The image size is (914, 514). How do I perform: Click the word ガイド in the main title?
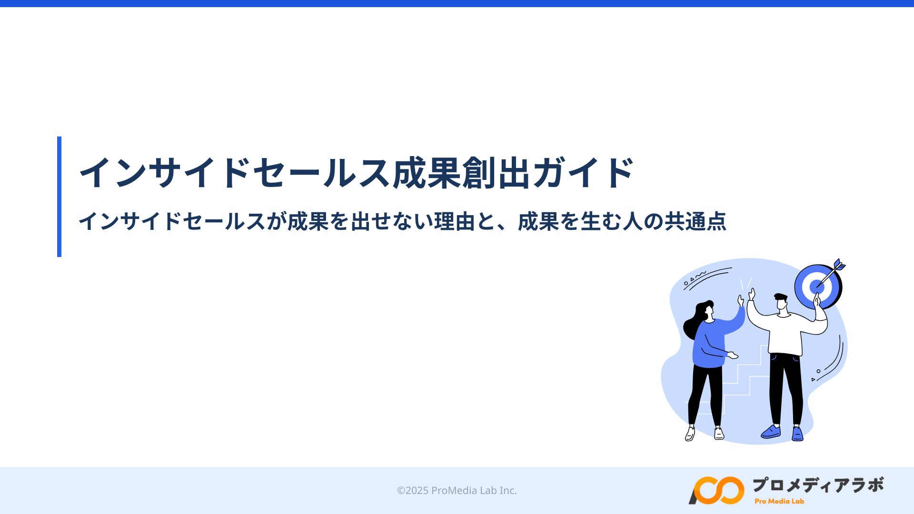click(x=584, y=172)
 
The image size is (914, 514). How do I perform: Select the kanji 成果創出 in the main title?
click(x=461, y=172)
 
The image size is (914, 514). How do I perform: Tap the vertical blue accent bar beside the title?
click(x=59, y=197)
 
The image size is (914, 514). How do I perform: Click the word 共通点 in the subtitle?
click(x=695, y=221)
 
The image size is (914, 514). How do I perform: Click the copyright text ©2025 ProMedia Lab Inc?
click(x=457, y=490)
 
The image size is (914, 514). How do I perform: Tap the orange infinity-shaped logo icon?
click(x=716, y=490)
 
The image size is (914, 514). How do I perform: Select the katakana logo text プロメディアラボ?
click(x=818, y=485)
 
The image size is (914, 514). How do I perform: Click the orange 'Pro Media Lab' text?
click(x=779, y=501)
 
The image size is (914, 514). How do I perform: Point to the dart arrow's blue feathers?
click(x=839, y=265)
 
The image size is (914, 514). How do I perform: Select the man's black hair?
click(x=781, y=297)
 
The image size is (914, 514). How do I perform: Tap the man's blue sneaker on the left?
click(x=771, y=432)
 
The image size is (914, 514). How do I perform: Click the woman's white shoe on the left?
click(x=690, y=434)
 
